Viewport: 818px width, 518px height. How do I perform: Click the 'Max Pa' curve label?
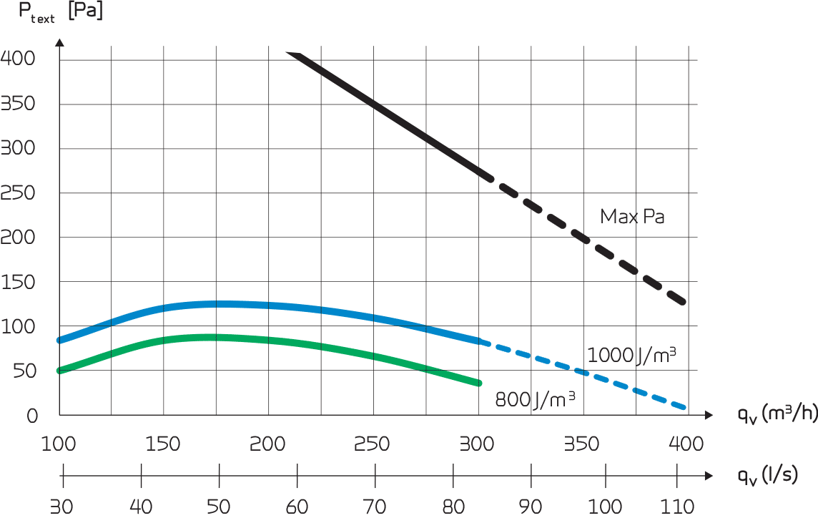point(632,216)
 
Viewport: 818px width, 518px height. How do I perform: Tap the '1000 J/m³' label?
point(631,355)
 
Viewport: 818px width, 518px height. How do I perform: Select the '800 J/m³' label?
point(536,399)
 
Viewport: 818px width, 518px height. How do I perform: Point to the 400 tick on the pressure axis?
point(19,59)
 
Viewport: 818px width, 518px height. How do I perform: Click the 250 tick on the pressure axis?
point(19,193)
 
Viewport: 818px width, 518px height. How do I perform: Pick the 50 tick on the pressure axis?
point(24,371)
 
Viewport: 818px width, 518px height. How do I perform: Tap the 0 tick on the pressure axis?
point(31,416)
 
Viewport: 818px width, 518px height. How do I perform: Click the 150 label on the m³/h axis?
point(163,444)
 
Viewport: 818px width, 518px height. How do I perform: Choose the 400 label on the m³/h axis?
point(686,444)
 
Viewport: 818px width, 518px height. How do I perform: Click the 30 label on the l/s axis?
point(64,507)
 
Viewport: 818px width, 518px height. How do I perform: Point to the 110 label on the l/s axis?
point(676,507)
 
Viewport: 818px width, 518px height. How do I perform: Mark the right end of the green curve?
point(479,383)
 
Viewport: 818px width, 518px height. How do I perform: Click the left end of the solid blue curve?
point(60,340)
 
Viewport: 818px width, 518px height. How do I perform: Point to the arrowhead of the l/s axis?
point(709,475)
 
